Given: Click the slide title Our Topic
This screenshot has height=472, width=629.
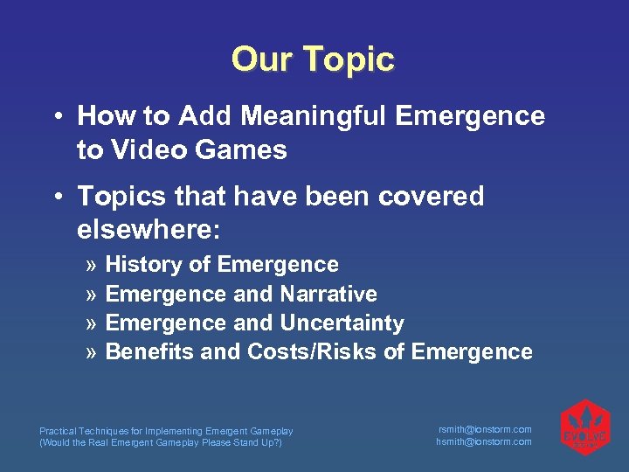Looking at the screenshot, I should coord(314,59).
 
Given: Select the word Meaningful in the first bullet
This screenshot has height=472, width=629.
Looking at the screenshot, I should coord(294,116).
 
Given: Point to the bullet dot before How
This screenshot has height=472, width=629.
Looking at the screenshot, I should coord(56,117).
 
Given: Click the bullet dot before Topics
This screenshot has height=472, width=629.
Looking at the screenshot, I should coord(56,198).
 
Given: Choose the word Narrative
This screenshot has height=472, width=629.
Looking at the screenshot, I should coord(328,294).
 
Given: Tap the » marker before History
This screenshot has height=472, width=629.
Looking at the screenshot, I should coord(93,265).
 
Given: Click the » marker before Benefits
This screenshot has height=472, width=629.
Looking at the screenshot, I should coord(93,352).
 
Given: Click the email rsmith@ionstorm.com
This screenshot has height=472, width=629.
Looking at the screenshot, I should coord(484,429).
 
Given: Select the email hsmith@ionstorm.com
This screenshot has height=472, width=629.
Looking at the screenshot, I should coord(484,442).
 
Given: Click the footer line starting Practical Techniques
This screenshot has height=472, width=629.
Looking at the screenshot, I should coord(166,431).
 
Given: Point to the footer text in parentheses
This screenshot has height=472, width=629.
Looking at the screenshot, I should coord(161,442).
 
